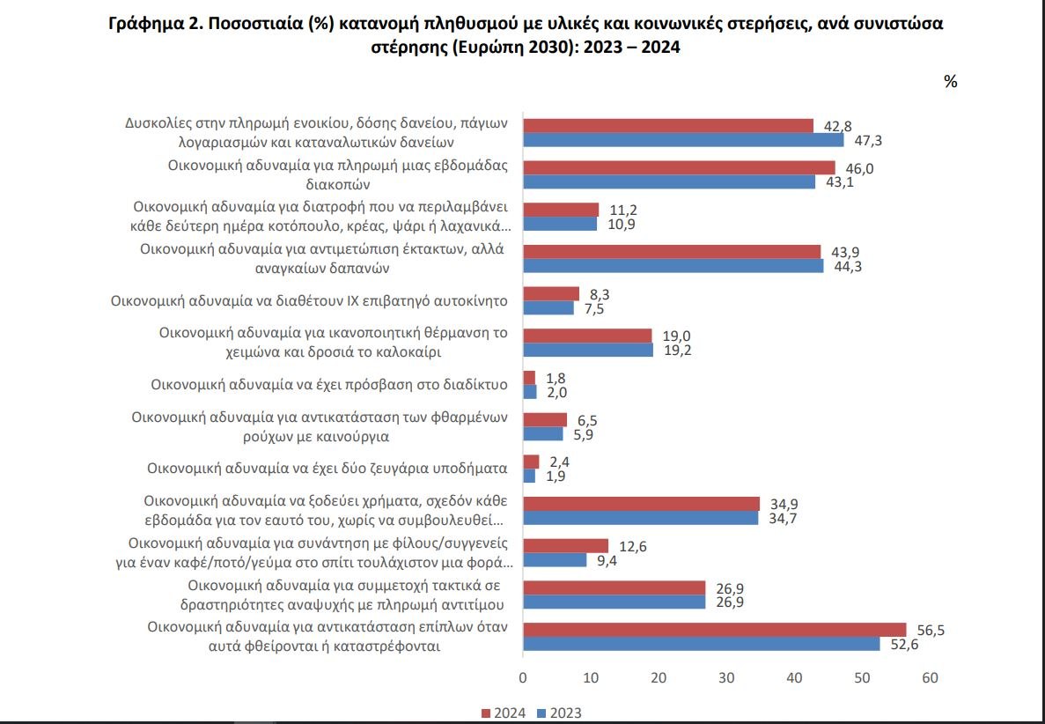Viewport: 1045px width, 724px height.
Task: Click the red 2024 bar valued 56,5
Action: click(714, 629)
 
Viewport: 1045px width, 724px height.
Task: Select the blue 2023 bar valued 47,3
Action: click(683, 139)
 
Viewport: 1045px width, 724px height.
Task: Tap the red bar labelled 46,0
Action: click(679, 167)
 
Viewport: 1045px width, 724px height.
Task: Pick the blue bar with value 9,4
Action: click(555, 559)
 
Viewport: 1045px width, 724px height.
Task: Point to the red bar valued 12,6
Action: click(565, 545)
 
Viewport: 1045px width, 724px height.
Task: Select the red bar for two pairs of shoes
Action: click(531, 462)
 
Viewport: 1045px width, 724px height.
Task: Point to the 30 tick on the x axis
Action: click(726, 678)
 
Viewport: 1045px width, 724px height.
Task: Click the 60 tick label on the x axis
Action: click(930, 678)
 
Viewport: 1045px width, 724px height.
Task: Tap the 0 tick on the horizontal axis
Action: click(523, 678)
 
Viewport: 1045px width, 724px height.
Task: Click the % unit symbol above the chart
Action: click(950, 81)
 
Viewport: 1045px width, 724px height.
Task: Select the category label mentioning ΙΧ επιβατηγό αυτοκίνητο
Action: click(309, 300)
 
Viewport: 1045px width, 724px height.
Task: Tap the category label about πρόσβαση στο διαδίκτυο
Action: click(329, 384)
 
